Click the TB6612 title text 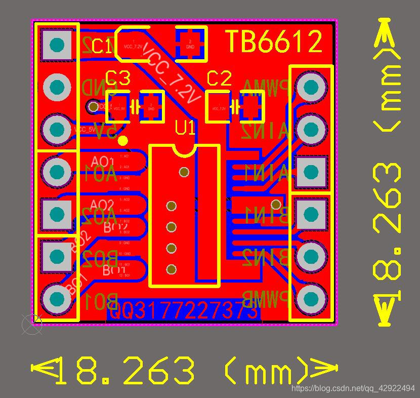tap(273, 42)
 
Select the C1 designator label tap(102, 47)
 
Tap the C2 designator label tap(220, 78)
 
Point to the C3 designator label tap(118, 78)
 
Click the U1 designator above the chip tap(185, 128)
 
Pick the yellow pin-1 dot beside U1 tap(123, 141)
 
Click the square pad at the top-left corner tap(57, 45)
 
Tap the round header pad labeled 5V tap(57, 130)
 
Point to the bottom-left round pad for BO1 tap(57, 299)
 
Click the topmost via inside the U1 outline tap(184, 172)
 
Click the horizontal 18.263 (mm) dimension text tap(184, 371)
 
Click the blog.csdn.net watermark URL tap(354, 388)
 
